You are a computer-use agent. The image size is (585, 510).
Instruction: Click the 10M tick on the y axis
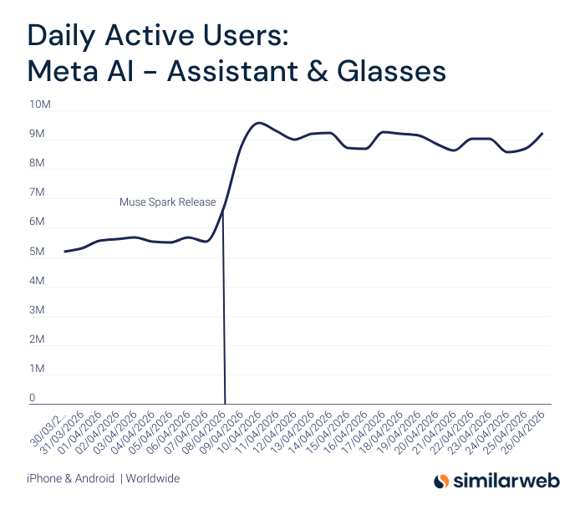pos(39,105)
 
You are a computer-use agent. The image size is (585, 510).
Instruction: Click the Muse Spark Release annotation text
pos(167,202)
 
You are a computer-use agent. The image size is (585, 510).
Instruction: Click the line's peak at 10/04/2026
pos(259,123)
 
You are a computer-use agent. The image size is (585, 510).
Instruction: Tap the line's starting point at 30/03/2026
pos(64,252)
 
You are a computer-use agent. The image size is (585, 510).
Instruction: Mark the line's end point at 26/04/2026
pos(542,133)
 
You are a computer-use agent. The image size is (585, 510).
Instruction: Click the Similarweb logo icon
pos(441,481)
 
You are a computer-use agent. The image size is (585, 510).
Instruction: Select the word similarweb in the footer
pos(509,481)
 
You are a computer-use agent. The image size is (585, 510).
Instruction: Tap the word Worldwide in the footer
pos(153,479)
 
